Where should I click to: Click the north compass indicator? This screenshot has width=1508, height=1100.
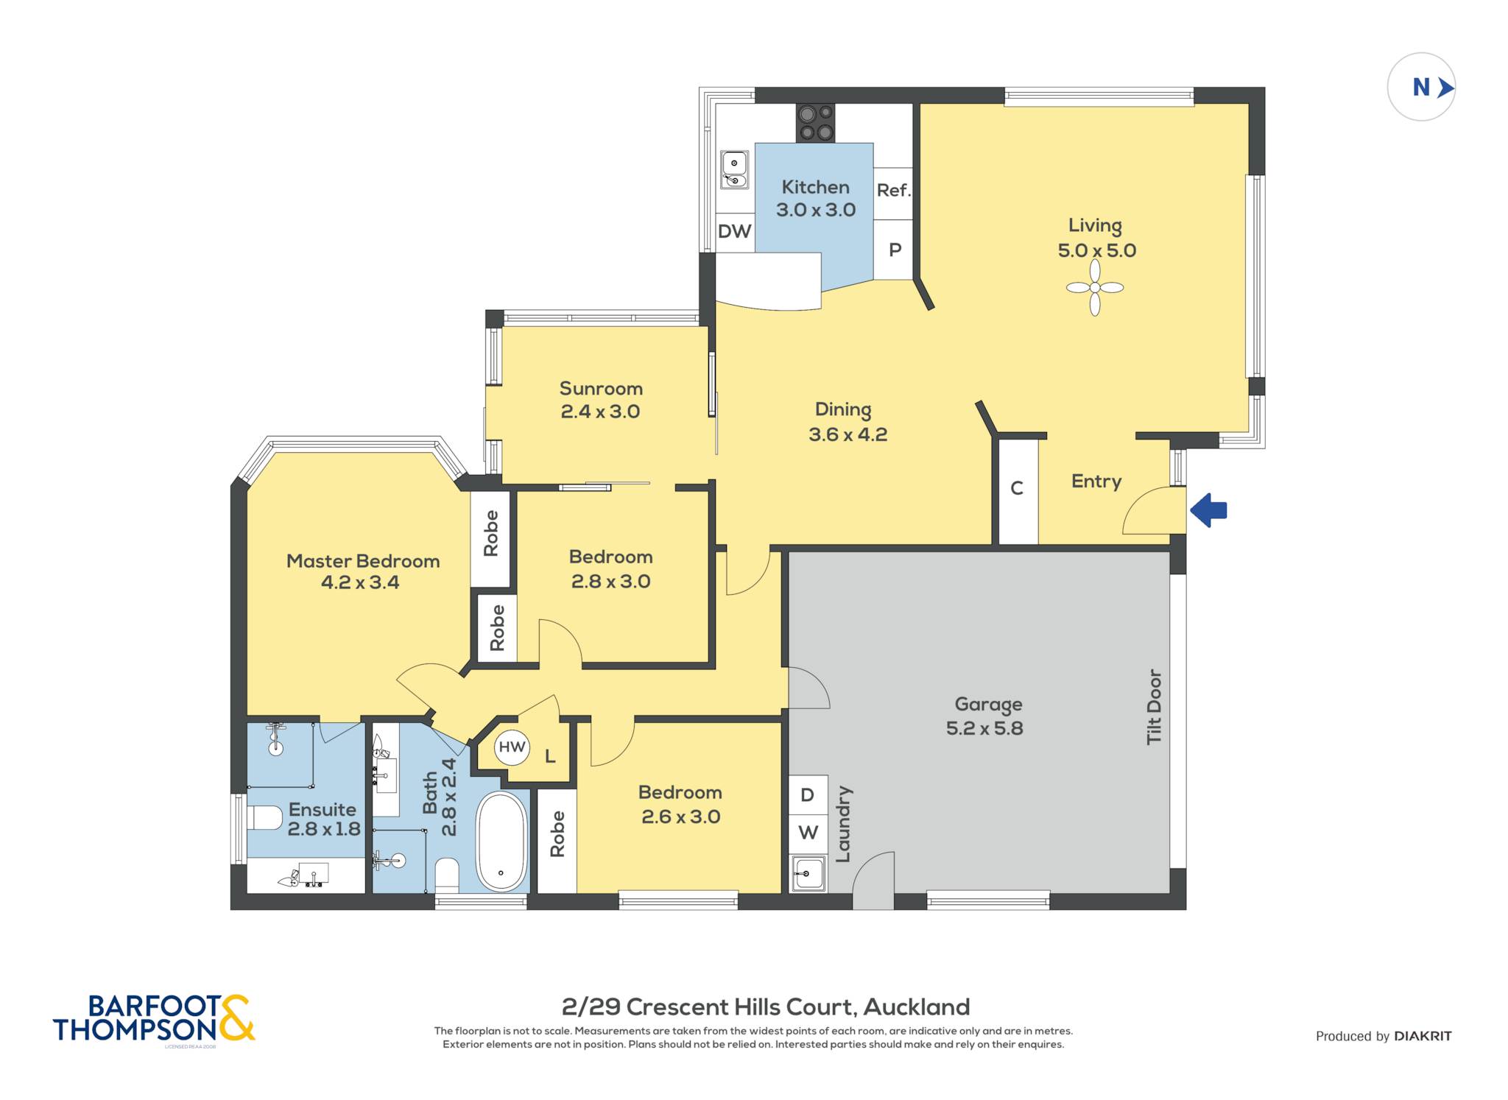(x=1421, y=87)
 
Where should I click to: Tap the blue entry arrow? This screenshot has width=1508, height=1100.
(x=1208, y=510)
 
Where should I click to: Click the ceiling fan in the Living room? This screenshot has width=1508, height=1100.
(x=1095, y=287)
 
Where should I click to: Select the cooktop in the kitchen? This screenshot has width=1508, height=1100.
(x=816, y=123)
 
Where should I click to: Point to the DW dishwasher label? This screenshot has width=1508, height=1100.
(x=734, y=231)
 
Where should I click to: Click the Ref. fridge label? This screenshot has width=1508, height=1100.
(x=893, y=190)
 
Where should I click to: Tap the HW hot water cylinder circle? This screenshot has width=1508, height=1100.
(x=512, y=747)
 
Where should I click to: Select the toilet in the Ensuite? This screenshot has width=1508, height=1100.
(x=264, y=817)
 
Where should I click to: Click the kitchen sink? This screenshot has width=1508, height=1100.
(x=734, y=170)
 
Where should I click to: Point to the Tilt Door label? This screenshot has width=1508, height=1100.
(x=1154, y=707)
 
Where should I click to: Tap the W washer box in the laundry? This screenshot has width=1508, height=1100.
(x=808, y=833)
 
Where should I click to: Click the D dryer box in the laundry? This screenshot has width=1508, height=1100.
(x=808, y=795)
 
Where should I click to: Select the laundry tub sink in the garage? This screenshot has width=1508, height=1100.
(x=808, y=873)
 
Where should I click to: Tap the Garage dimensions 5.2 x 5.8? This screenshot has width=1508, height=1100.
(x=984, y=728)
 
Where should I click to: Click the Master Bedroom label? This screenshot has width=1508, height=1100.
(x=363, y=561)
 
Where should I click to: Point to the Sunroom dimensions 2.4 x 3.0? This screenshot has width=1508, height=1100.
(x=600, y=412)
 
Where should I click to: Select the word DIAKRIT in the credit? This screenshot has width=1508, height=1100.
(x=1423, y=1036)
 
